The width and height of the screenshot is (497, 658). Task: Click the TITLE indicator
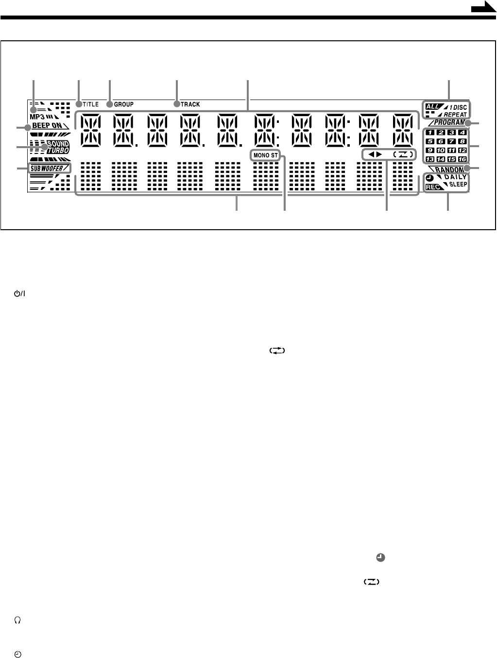pyautogui.click(x=90, y=104)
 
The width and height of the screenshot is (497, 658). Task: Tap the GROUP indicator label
pyautogui.click(x=123, y=104)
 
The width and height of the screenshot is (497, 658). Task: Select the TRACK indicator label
pyautogui.click(x=190, y=104)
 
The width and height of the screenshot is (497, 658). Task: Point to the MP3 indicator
pyautogui.click(x=37, y=118)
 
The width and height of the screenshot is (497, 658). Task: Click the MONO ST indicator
pyautogui.click(x=265, y=155)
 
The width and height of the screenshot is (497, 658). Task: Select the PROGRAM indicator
pyautogui.click(x=449, y=122)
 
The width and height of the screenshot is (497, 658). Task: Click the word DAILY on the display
pyautogui.click(x=455, y=177)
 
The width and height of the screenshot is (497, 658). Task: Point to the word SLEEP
pyautogui.click(x=458, y=185)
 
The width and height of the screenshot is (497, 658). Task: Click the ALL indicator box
pyautogui.click(x=432, y=106)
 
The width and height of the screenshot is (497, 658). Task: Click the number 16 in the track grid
pyautogui.click(x=462, y=159)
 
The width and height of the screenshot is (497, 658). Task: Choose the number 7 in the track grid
pyautogui.click(x=451, y=141)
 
